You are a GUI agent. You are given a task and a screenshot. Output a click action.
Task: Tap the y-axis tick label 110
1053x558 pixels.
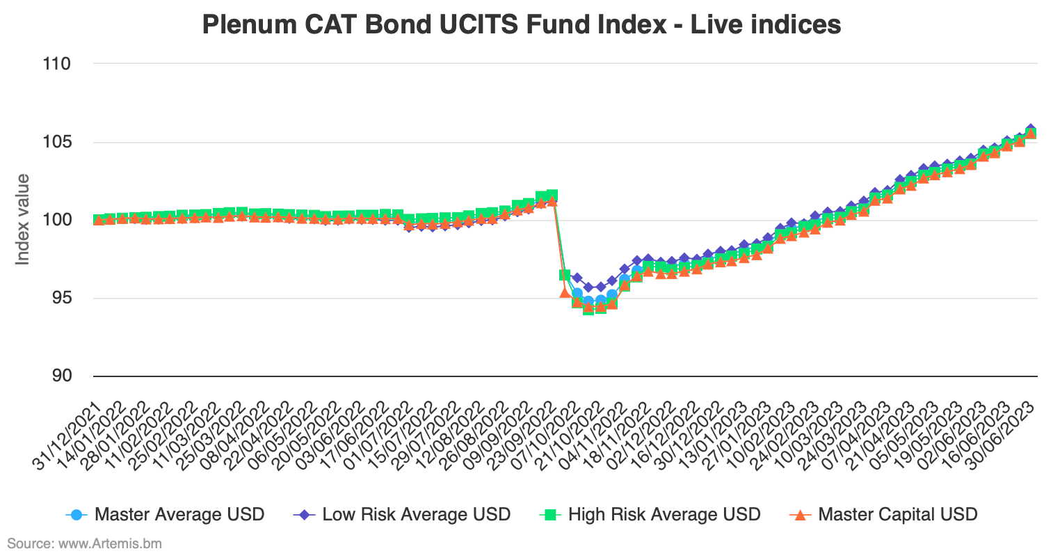[56, 64]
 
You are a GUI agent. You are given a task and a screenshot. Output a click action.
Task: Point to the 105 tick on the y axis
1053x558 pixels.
[56, 142]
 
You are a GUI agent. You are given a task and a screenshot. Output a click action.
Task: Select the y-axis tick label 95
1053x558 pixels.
[60, 298]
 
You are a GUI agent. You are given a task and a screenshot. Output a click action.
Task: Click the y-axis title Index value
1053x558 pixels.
[22, 219]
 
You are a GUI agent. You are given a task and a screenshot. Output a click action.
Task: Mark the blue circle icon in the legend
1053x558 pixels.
[77, 515]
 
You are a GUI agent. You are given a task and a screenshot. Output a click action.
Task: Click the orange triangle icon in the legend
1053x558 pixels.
[801, 515]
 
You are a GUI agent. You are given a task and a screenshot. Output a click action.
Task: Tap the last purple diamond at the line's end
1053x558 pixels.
[1031, 129]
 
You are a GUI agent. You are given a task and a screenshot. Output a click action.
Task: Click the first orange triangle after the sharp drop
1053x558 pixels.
[565, 292]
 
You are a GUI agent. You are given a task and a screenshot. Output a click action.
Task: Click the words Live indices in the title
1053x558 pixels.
[765, 24]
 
